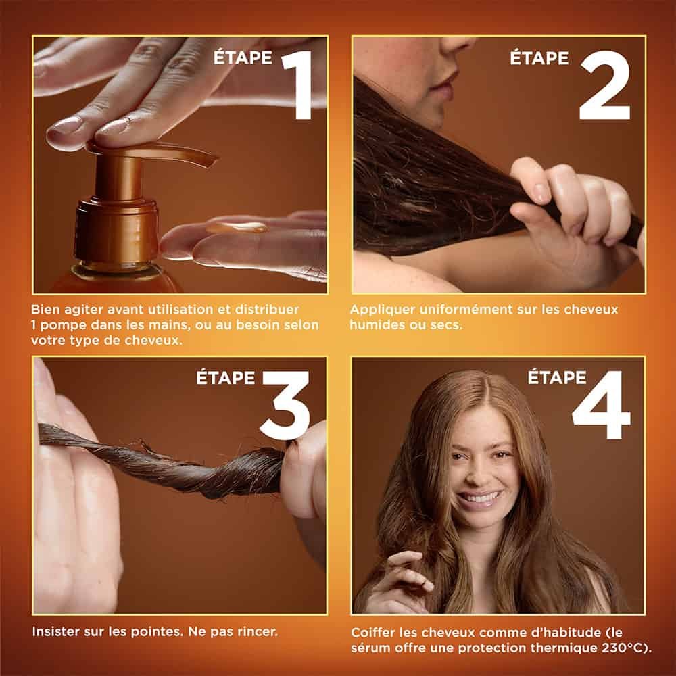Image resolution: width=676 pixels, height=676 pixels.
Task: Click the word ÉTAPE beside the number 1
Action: point(243,57)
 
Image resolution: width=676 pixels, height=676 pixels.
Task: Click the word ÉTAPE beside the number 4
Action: point(557,377)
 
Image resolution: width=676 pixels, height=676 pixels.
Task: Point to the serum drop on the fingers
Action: point(237,228)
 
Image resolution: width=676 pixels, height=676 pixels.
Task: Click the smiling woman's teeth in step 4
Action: point(479,498)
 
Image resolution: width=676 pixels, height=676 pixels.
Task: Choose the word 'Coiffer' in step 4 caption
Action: point(373,633)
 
